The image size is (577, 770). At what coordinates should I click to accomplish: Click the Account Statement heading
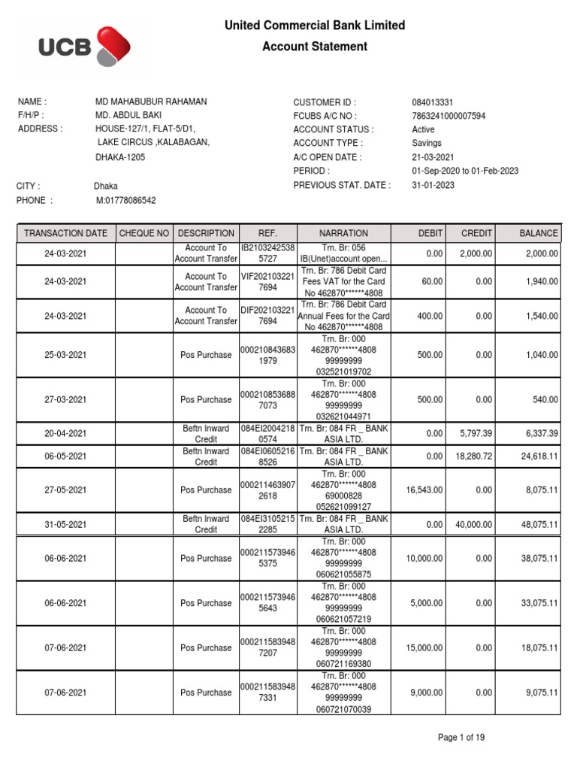pos(315,47)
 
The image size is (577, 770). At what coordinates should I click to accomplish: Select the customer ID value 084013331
pos(432,102)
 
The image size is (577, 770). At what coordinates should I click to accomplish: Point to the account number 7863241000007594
pos(449,116)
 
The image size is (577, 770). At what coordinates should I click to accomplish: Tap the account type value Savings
pos(426,143)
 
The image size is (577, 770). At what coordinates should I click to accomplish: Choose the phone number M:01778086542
pos(126,200)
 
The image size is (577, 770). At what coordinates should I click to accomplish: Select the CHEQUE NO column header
pos(144,234)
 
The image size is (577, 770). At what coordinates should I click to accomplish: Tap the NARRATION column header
pos(343,234)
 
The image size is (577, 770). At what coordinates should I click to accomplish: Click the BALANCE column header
pos(539,234)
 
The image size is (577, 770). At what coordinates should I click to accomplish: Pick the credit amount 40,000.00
pos(473,525)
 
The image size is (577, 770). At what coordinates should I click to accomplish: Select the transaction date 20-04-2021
pos(65,434)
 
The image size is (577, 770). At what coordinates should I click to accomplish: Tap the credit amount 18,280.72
pos(473,456)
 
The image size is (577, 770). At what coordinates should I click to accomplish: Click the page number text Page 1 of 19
pos(461,738)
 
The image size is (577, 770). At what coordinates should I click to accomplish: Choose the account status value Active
pos(424,129)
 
